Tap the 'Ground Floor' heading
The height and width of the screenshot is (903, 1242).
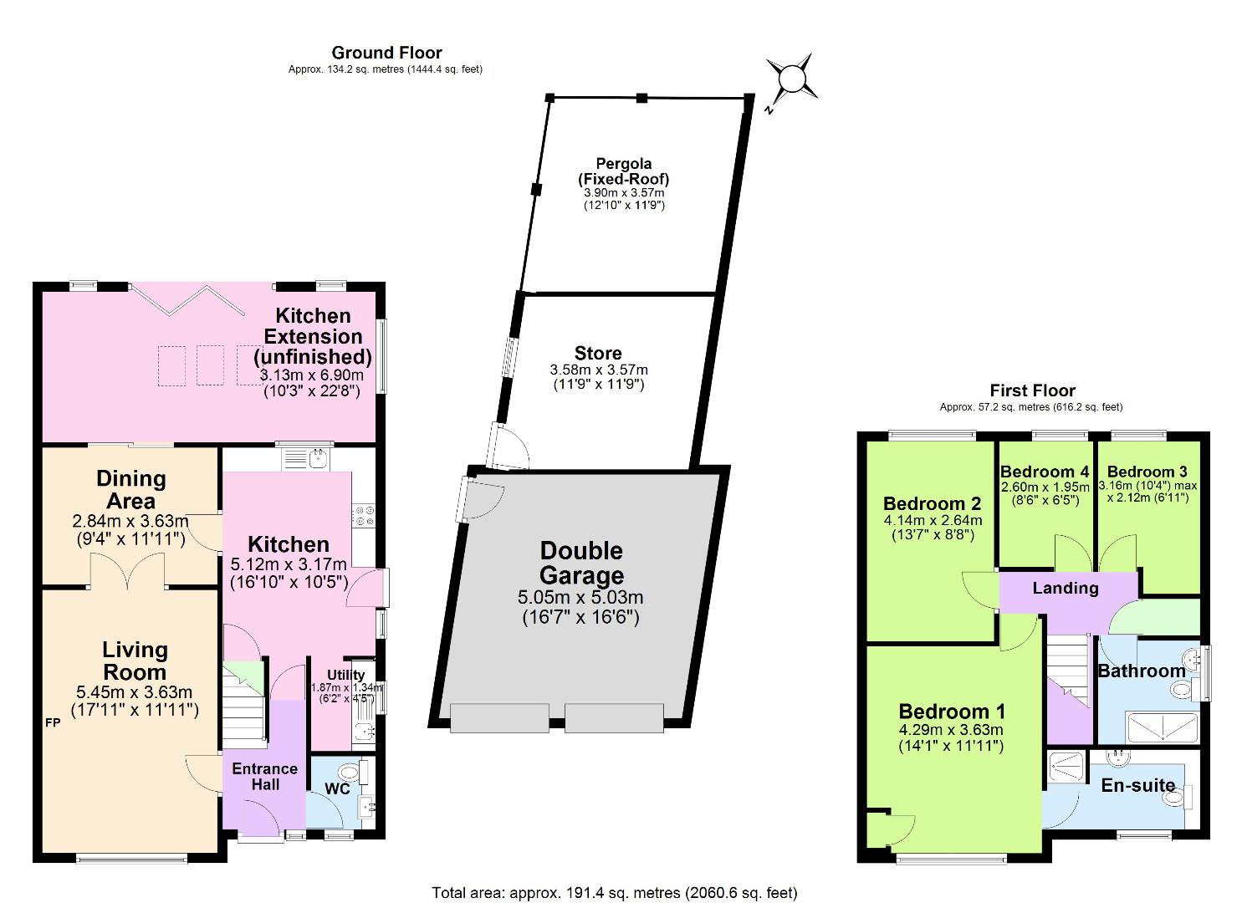(x=386, y=54)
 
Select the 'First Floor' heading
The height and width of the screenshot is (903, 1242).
(x=1032, y=390)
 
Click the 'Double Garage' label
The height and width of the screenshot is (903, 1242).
(x=581, y=563)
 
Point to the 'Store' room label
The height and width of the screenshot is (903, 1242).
(x=598, y=354)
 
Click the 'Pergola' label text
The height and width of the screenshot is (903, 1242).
(x=623, y=164)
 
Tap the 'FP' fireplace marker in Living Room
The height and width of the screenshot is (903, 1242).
(x=52, y=722)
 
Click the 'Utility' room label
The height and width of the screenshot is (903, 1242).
(x=345, y=675)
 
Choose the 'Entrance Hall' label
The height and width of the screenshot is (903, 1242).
(x=264, y=776)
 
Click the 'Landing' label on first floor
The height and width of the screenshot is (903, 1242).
(x=1065, y=589)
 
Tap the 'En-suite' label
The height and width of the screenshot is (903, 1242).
(x=1137, y=785)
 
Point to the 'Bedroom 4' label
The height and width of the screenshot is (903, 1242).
(x=1045, y=472)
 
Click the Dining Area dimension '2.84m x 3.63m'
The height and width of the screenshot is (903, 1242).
(x=130, y=521)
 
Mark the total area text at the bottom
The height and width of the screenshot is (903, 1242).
(x=614, y=893)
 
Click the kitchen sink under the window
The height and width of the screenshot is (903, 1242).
(x=307, y=458)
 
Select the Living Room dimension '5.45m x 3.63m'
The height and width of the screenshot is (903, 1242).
(x=134, y=692)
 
